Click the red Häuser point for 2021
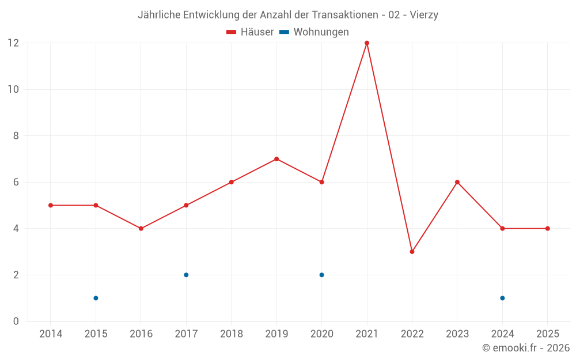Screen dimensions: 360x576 pos(367,43)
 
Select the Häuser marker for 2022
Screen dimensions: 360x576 pos(412,252)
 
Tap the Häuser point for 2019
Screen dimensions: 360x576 pos(276,159)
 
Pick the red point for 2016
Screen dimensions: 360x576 pos(141,229)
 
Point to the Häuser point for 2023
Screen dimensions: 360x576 pos(457,182)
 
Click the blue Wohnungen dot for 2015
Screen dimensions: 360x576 pos(96,298)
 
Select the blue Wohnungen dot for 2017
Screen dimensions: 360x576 pos(186,275)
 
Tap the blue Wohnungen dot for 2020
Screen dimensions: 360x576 pos(321,275)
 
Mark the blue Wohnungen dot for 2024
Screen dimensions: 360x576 pos(502,298)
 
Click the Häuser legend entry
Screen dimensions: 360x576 pos(251,32)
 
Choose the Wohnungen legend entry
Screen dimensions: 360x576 pos(314,32)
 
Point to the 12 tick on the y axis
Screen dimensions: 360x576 pos(13,43)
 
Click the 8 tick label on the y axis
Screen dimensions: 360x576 pos(16,136)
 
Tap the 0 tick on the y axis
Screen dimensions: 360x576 pos(16,321)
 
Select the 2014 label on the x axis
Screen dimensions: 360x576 pos(51,334)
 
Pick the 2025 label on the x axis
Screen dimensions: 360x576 pos(547,334)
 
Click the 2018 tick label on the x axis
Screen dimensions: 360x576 pos(231,334)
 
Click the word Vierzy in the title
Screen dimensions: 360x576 pos(424,15)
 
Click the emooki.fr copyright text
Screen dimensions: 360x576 pos(526,348)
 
